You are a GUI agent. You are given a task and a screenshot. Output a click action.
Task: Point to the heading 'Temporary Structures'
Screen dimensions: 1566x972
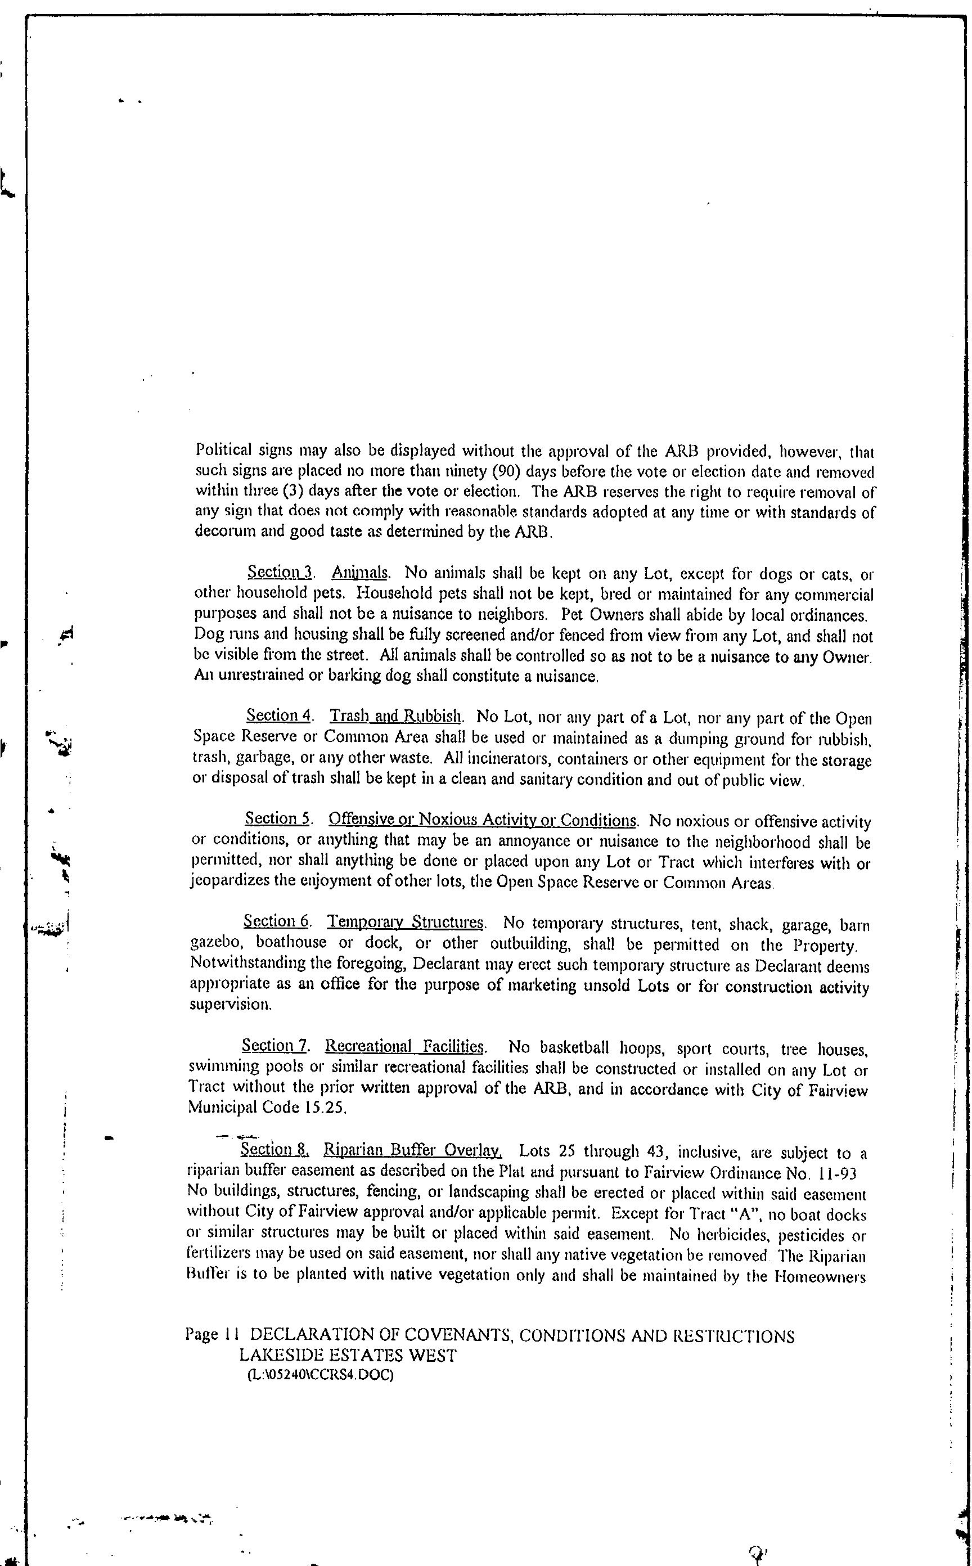pos(406,923)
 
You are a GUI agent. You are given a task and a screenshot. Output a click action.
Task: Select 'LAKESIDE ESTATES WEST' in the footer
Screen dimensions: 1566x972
pos(348,1356)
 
